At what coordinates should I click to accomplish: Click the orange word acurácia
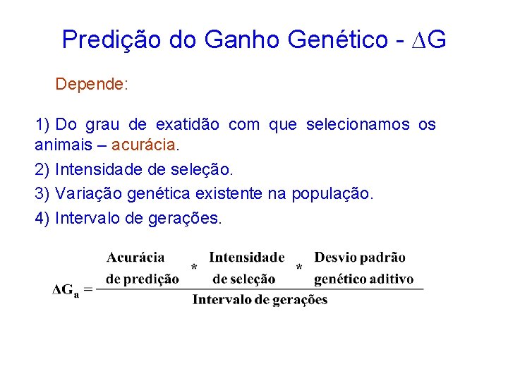(x=144, y=146)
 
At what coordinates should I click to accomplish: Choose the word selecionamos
(x=358, y=125)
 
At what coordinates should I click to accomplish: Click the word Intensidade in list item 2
(x=102, y=170)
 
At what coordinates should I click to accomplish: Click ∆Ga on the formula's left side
(x=67, y=289)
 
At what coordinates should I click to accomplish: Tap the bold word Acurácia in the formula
(x=135, y=258)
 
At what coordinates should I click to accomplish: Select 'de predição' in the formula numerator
(x=142, y=279)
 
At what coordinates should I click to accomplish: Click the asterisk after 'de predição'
(x=194, y=268)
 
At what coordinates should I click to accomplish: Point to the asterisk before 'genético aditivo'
(x=299, y=268)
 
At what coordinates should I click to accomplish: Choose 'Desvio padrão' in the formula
(x=360, y=258)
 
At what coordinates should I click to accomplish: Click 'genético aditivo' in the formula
(x=363, y=279)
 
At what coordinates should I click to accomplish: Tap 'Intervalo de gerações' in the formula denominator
(x=260, y=300)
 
